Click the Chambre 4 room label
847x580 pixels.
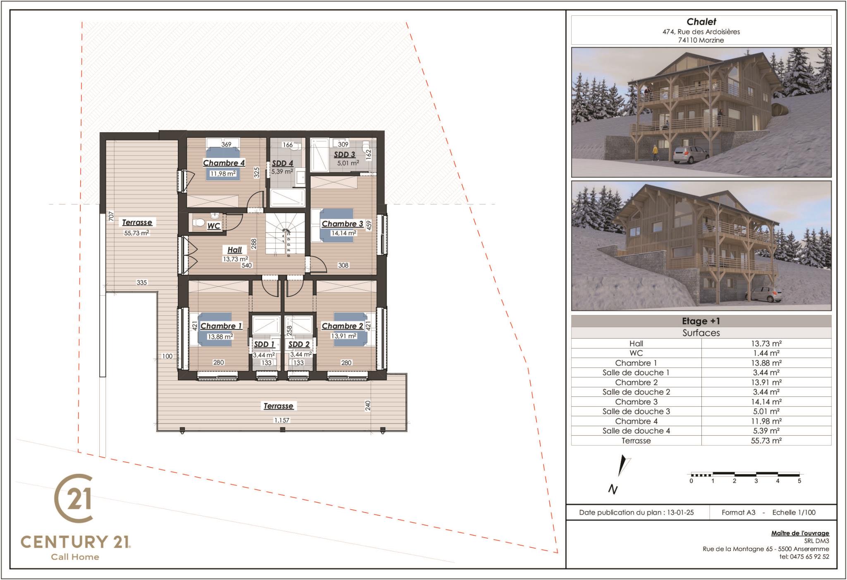pos(224,163)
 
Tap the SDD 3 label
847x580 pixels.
pos(345,155)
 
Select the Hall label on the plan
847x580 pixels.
pos(234,250)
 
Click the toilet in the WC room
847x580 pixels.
pos(199,223)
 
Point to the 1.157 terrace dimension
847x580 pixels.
pos(282,420)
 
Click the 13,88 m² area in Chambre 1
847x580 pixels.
pos(220,337)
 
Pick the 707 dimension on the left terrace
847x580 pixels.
pos(111,216)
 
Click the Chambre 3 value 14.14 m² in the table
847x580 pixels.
pos(766,402)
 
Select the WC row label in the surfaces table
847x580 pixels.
pos(636,353)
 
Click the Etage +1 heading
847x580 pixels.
pos(701,321)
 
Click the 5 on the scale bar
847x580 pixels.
pos(799,481)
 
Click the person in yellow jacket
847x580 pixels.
pos(655,153)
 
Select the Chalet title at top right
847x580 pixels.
pos(701,22)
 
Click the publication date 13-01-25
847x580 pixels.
pos(680,512)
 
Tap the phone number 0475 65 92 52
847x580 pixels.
pos(809,556)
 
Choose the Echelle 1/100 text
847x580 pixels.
pos(794,512)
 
